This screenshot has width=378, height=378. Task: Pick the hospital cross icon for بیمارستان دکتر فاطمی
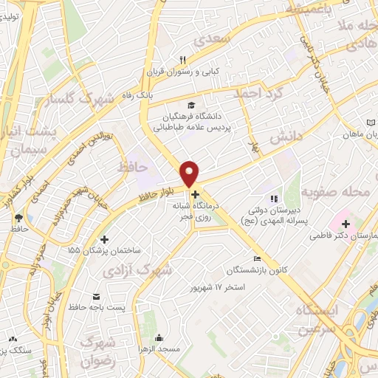tap(345, 223)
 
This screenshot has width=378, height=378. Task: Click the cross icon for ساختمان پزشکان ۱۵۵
tap(104, 239)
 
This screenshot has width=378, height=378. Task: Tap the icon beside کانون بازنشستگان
tap(257, 258)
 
